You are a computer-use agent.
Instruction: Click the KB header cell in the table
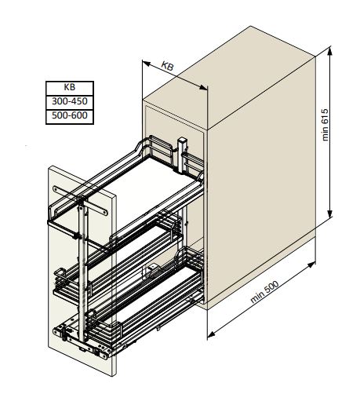pos(70,88)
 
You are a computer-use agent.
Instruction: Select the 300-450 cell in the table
pos(70,102)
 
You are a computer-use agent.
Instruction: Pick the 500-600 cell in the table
pos(70,116)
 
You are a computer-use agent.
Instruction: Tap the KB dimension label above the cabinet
pos(167,66)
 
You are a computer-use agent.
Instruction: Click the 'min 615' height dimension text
pos(325,125)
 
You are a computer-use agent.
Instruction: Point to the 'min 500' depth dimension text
pos(264,291)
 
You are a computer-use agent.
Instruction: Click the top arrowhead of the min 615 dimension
pos(330,51)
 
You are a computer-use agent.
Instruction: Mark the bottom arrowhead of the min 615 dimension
pos(330,213)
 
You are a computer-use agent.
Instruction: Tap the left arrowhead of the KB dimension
pos(147,64)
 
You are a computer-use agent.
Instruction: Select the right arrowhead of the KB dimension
pos(203,88)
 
